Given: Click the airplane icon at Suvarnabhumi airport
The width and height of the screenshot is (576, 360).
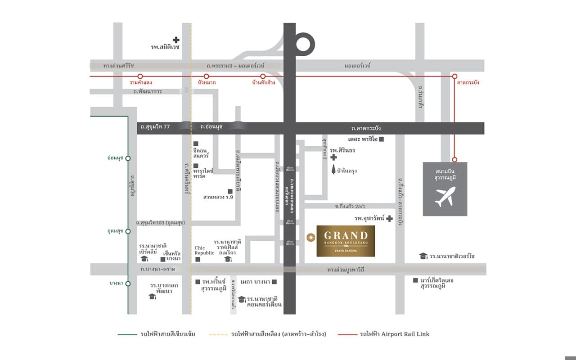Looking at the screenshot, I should click(445, 197).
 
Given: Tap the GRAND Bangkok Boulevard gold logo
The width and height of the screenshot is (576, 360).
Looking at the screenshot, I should click(346, 240).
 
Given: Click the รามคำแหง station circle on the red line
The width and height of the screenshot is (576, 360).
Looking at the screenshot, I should click(140, 76).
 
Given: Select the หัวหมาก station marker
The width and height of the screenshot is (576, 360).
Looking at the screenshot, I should click(207, 76).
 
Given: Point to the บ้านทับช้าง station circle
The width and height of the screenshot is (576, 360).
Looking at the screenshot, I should click(263, 76).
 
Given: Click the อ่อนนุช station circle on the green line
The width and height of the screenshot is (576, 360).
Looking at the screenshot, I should click(128, 158).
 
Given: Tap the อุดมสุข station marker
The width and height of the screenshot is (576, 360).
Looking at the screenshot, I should click(128, 231).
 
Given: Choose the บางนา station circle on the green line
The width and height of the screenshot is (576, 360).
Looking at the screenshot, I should click(128, 283).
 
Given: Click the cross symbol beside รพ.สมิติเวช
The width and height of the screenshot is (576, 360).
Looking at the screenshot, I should click(176, 40).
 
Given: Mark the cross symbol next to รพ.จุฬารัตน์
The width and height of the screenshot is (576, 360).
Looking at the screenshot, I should click(389, 219).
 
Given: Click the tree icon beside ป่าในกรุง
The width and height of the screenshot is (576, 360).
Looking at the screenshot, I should click(333, 170).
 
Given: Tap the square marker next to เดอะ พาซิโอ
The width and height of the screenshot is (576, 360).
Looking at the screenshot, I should click(382, 139).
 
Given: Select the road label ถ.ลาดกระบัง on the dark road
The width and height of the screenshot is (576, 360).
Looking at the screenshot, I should click(366, 128).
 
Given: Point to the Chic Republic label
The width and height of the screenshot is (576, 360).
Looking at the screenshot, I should click(204, 250).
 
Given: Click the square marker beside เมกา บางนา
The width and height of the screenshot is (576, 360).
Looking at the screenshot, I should click(274, 282).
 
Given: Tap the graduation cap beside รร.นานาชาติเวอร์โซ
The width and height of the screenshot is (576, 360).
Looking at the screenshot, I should click(423, 256).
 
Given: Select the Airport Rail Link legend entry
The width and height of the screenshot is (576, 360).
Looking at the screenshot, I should click(394, 334).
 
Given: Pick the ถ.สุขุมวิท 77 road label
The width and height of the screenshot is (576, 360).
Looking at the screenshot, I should click(155, 128).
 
